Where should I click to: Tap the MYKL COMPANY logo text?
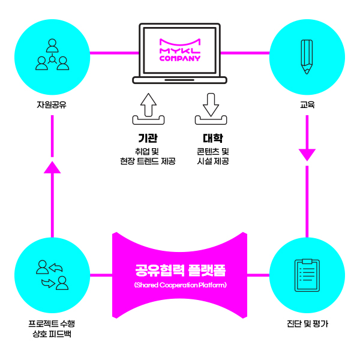(x=180, y=50)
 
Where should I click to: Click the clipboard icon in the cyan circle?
(x=307, y=275)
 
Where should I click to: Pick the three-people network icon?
(x=52, y=55)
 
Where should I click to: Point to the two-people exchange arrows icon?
(x=52, y=275)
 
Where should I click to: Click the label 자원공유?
(x=52, y=106)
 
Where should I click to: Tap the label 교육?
(x=307, y=106)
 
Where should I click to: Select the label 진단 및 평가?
(x=307, y=324)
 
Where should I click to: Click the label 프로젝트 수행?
(x=52, y=323)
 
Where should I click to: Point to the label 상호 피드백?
(x=52, y=334)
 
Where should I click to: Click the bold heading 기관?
(x=148, y=137)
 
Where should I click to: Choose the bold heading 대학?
(x=212, y=137)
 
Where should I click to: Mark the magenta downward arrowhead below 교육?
(x=307, y=155)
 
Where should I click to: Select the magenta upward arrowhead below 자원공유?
(x=53, y=166)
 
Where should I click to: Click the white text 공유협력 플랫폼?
(x=180, y=269)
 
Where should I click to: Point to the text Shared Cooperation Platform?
(x=180, y=284)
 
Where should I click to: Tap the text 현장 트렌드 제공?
(x=148, y=161)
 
